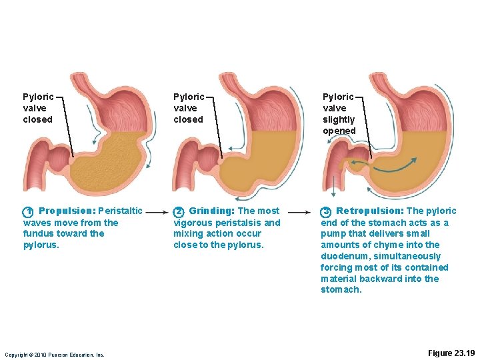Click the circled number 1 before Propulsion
pos(28,212)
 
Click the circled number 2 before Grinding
pos(179,212)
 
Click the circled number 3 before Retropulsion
pos(326,212)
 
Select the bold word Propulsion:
pos(67,211)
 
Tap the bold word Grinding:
pos(212,211)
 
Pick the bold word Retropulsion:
pos(370,211)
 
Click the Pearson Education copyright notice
pos(55,355)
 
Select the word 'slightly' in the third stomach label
pos(339,119)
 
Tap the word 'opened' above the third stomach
pos(339,131)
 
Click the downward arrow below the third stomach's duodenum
pos(335,181)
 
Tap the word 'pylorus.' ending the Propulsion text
pos(41,245)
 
